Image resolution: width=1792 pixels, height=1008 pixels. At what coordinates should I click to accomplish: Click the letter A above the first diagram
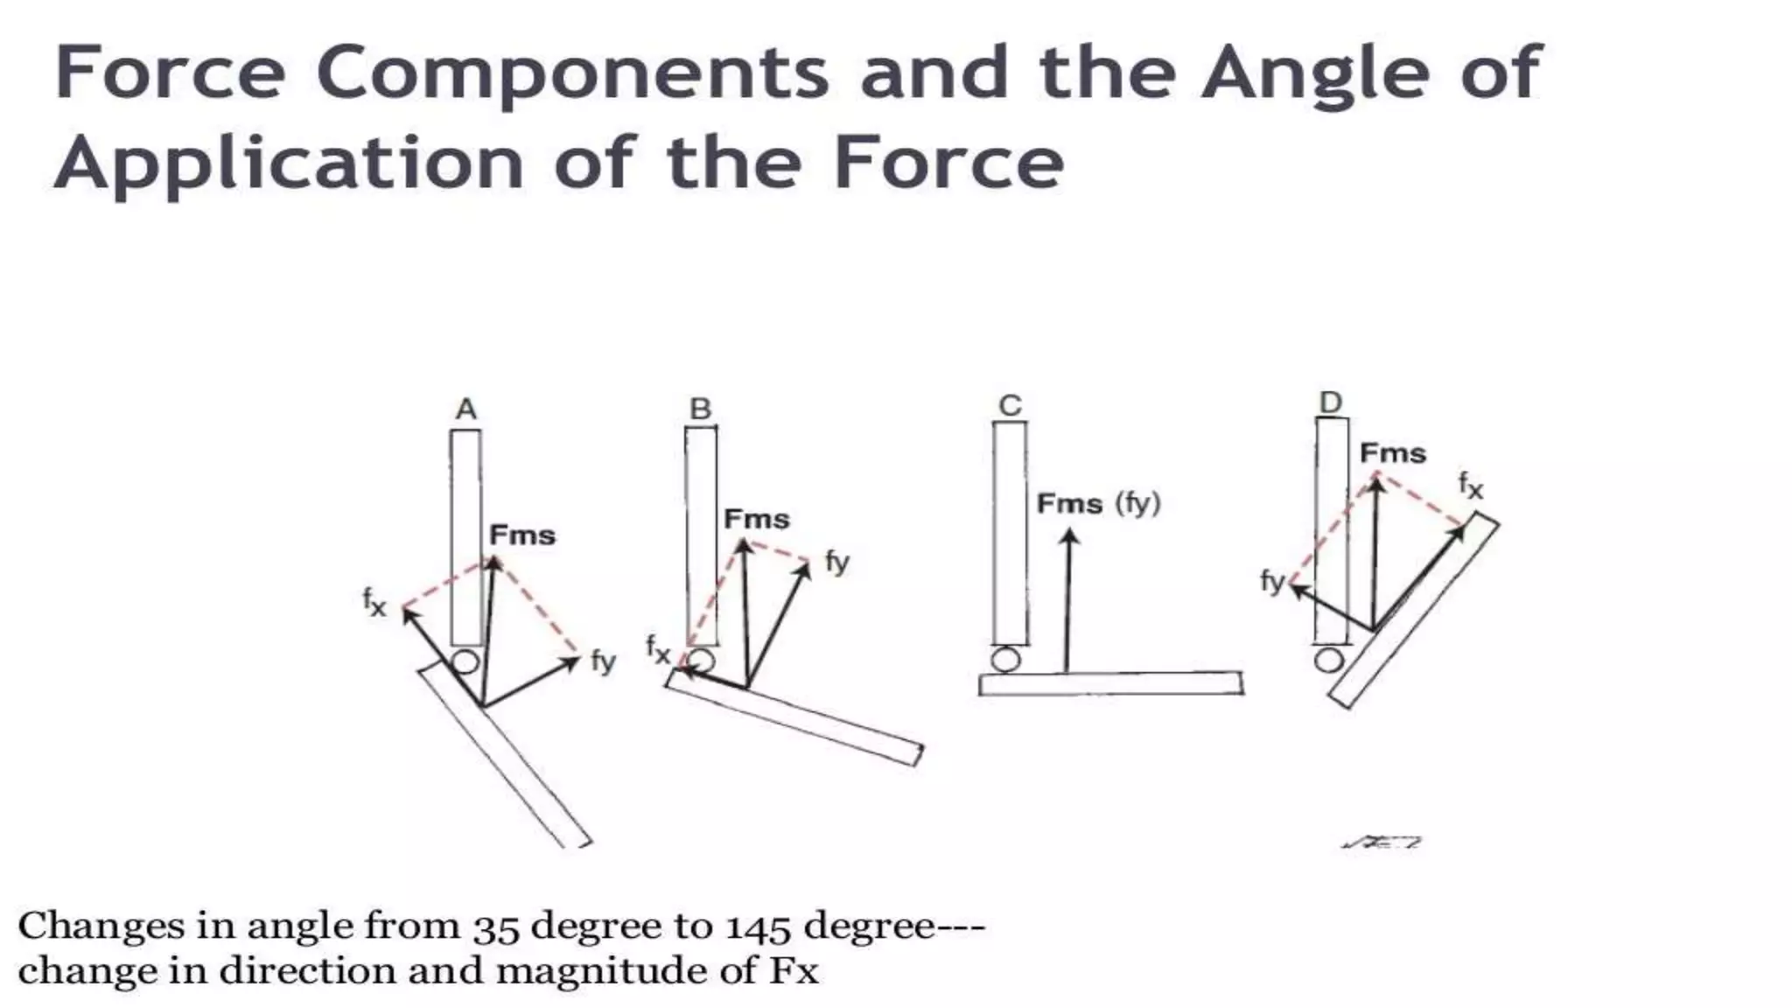[x=466, y=409]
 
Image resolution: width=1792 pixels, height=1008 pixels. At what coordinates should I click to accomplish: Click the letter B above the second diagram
[x=701, y=409]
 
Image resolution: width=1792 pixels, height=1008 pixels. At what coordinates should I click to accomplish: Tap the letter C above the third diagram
[x=1010, y=405]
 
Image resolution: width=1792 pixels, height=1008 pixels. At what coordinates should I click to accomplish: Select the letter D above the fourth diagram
[x=1330, y=402]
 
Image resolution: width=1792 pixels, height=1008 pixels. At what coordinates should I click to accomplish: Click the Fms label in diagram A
[x=522, y=535]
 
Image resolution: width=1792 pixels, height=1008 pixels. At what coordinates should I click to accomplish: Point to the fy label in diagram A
[x=603, y=661]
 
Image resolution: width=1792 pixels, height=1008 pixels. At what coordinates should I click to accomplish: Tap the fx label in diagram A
[x=374, y=602]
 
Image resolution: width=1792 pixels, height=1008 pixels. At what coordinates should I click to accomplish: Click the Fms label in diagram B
[x=757, y=519]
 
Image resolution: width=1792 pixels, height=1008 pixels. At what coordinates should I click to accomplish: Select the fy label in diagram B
[x=836, y=562]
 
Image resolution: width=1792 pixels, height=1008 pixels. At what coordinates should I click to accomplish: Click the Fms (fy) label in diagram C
[x=1098, y=504]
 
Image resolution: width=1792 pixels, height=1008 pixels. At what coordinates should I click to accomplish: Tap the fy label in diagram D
[x=1272, y=580]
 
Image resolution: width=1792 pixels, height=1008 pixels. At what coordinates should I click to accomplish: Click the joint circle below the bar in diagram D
[x=1329, y=659]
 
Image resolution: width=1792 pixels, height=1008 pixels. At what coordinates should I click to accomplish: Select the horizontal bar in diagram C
[x=1110, y=683]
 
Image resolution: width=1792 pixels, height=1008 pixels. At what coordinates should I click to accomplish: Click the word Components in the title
[x=572, y=73]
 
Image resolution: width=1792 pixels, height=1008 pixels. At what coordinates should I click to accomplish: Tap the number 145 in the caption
[x=758, y=927]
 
